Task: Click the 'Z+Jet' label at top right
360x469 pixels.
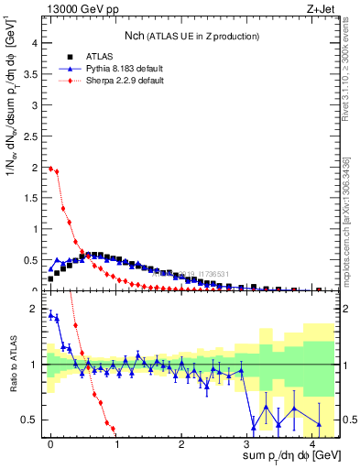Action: (x=320, y=10)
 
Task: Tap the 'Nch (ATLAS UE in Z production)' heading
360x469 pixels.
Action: (x=191, y=35)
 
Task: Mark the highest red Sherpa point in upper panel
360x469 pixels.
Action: (x=50, y=168)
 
